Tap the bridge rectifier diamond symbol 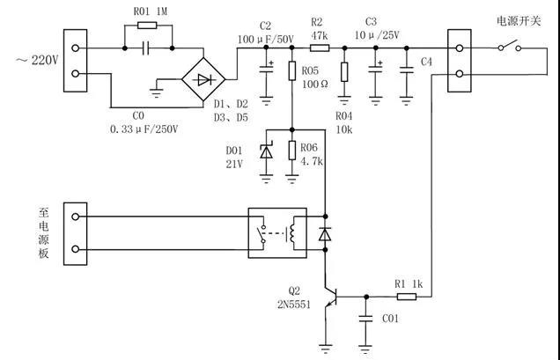click(203, 78)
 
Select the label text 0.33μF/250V click(144, 129)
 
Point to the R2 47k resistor click(318, 49)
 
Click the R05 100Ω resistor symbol click(291, 70)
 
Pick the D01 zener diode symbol click(266, 151)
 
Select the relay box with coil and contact click(276, 231)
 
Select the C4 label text click(427, 62)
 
